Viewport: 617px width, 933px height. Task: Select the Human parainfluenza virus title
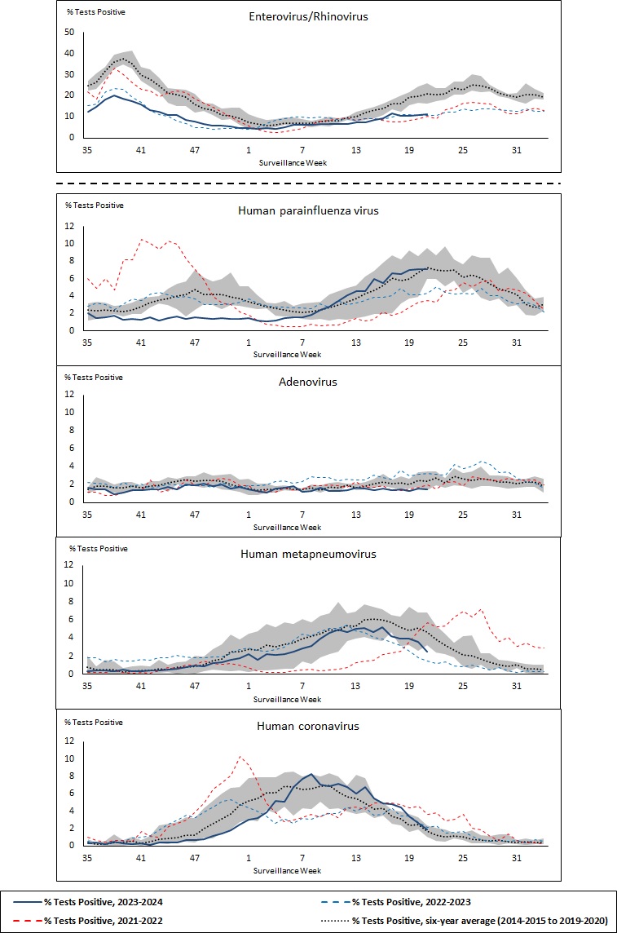(308, 210)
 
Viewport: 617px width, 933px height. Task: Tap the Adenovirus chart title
(308, 381)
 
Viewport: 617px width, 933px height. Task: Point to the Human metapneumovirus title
(308, 553)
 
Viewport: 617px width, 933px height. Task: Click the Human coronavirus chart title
(308, 725)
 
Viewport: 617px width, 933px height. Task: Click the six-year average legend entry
(473, 920)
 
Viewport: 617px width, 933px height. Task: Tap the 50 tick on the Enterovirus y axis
(69, 33)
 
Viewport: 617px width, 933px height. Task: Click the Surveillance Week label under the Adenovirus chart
(287, 527)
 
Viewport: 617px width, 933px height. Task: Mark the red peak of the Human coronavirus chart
(240, 756)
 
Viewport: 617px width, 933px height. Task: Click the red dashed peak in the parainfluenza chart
(142, 239)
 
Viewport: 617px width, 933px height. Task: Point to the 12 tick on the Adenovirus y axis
(70, 394)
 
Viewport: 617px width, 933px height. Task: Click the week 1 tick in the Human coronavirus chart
(249, 858)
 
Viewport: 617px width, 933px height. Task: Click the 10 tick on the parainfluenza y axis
(70, 243)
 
